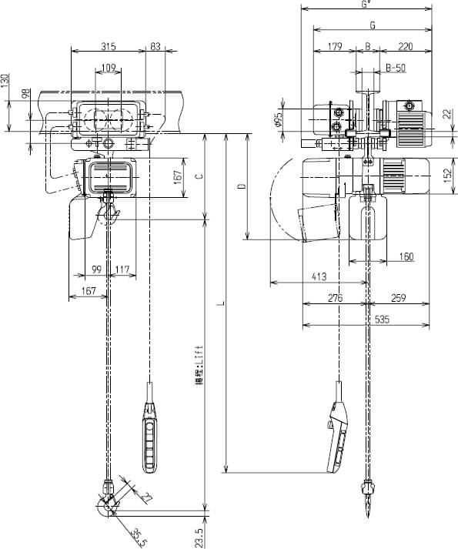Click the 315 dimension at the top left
(109, 47)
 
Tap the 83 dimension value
(157, 47)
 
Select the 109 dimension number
(109, 69)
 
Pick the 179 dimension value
(334, 47)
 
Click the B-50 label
(396, 68)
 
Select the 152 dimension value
(446, 176)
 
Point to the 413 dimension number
(319, 276)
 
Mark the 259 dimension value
(399, 298)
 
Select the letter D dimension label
(241, 187)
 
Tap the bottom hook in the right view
(368, 500)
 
